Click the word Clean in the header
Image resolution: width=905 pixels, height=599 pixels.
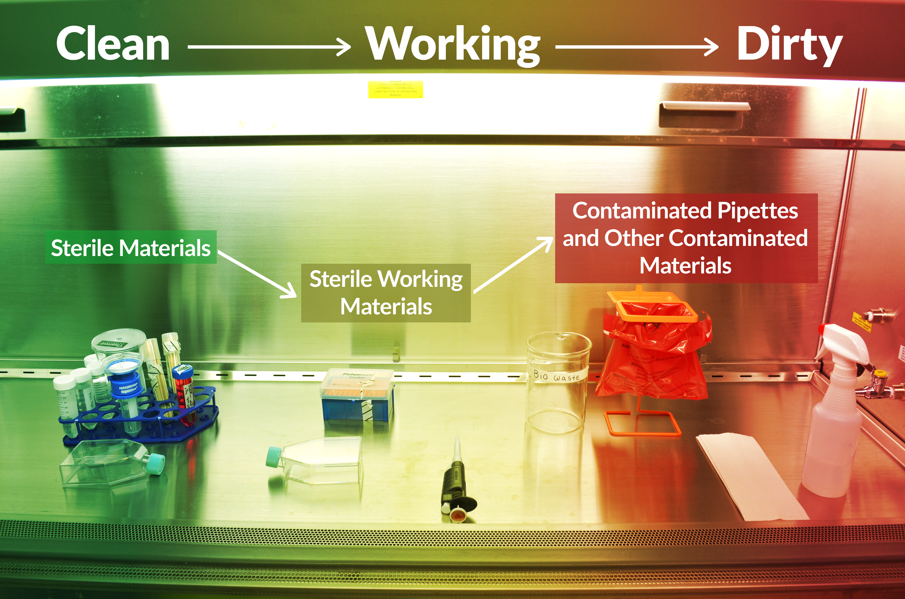pyautogui.click(x=113, y=44)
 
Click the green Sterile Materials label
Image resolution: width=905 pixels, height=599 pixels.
pyautogui.click(x=131, y=248)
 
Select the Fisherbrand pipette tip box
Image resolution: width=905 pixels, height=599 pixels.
pyautogui.click(x=357, y=395)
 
